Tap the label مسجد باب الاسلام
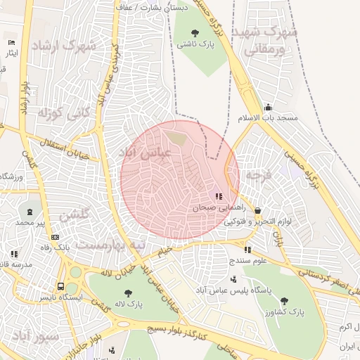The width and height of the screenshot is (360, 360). pyautogui.click(x=268, y=118)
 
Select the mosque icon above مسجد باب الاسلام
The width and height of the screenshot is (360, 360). pyautogui.click(x=268, y=108)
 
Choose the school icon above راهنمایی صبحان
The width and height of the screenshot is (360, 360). pyautogui.click(x=219, y=196)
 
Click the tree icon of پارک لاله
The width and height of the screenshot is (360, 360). pyautogui.click(x=127, y=293)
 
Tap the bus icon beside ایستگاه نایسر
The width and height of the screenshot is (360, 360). pyautogui.click(x=61, y=287)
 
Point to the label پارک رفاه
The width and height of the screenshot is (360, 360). pyautogui.click(x=54, y=247)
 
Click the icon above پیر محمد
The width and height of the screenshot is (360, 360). pyautogui.click(x=30, y=211)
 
